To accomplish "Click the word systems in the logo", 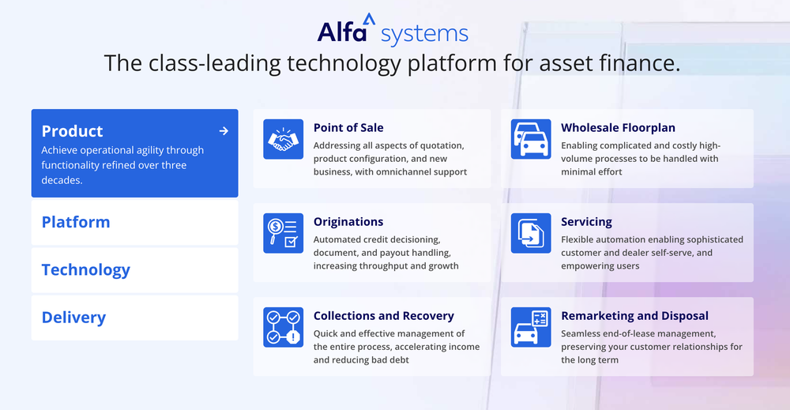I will (x=424, y=34).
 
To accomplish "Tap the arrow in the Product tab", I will (x=224, y=131).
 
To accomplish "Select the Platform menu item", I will (x=76, y=222).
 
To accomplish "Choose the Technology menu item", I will (x=85, y=269).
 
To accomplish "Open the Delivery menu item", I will (x=73, y=318).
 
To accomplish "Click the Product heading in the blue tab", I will (x=72, y=131).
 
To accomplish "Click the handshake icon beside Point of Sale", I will (x=283, y=139).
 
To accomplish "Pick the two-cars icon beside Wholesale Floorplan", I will (x=531, y=139).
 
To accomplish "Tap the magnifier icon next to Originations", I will (x=283, y=233).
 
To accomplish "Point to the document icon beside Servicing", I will (x=531, y=233).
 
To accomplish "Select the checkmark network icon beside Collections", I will (x=283, y=327).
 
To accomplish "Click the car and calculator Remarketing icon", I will (x=531, y=327).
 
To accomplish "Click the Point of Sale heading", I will (x=348, y=127).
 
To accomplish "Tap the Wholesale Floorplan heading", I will (x=618, y=127).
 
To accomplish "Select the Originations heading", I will (x=348, y=222).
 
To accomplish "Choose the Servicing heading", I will (x=586, y=222).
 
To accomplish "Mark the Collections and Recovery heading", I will (x=383, y=316).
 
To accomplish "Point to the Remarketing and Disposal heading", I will (x=634, y=316).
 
